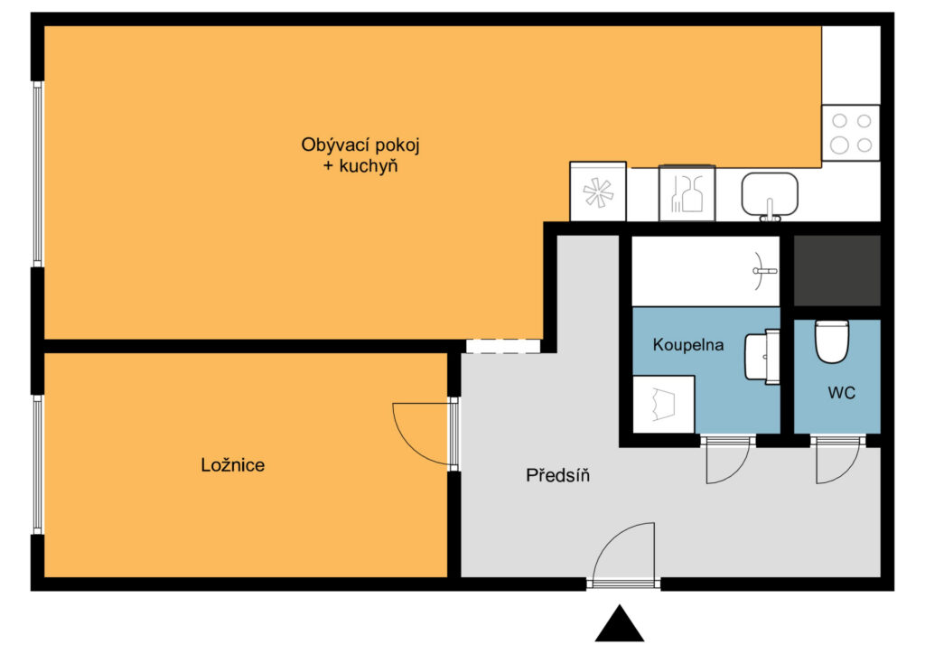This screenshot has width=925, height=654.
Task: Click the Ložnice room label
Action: click(232, 465)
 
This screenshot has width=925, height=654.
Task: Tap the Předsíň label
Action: click(557, 475)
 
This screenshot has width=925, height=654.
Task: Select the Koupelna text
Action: click(687, 345)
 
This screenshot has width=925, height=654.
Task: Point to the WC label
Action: click(841, 393)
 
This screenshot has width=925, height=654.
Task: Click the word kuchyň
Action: click(369, 166)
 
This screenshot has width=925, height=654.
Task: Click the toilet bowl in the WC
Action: click(832, 341)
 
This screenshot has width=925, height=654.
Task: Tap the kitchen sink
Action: click(770, 195)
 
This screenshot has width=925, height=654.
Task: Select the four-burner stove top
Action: click(851, 134)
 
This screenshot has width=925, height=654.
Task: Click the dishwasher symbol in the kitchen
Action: click(687, 192)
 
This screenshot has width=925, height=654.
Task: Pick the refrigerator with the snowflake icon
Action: click(598, 192)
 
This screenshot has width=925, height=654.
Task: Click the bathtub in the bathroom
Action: click(705, 271)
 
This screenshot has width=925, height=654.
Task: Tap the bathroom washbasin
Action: click(761, 357)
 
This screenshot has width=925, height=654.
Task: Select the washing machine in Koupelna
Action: click(663, 404)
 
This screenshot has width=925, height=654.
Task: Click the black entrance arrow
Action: click(620, 623)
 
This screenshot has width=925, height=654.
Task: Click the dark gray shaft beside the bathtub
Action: click(837, 271)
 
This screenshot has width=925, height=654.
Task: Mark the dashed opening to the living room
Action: click(503, 346)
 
